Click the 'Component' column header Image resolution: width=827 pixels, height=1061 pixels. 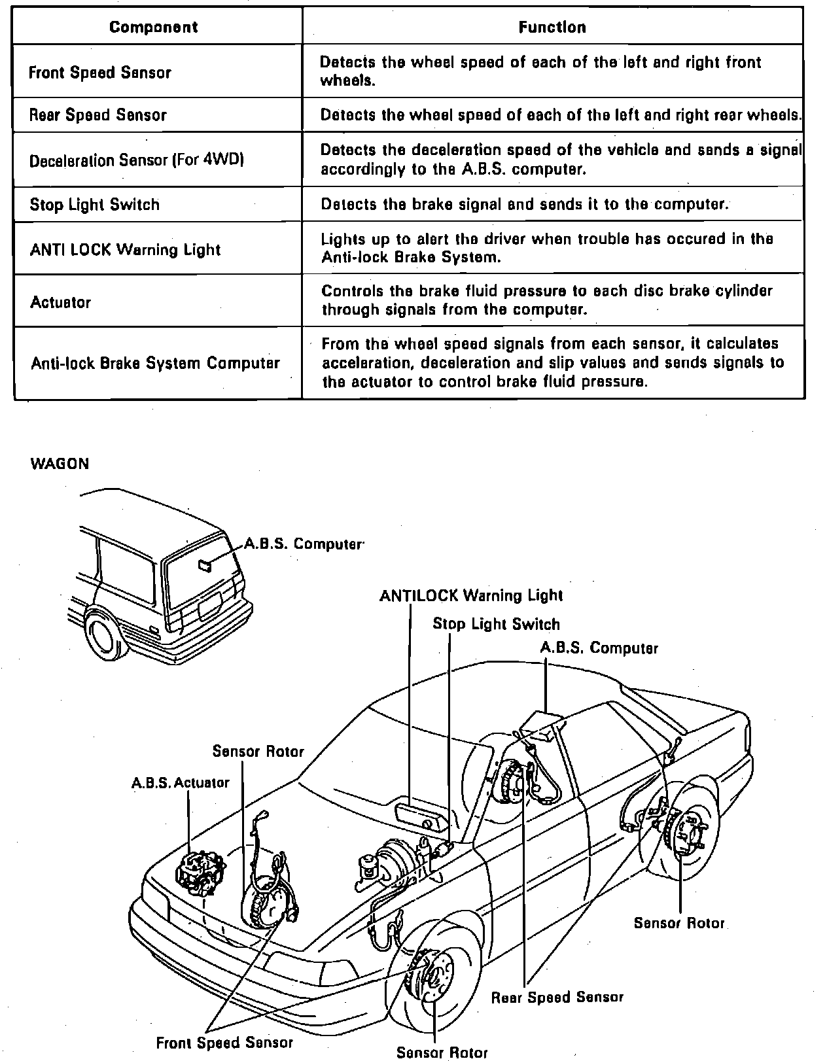tap(153, 27)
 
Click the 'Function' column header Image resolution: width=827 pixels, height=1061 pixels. tap(552, 27)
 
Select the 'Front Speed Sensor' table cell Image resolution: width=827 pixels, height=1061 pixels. tap(100, 72)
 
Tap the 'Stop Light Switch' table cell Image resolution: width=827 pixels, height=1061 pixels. tap(95, 205)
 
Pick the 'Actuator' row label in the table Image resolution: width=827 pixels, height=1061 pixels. tap(60, 302)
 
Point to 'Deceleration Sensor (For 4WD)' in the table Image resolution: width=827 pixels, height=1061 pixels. tap(136, 160)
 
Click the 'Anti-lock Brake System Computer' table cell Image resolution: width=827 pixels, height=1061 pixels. tap(155, 363)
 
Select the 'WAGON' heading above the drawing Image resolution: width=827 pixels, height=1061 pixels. tap(60, 464)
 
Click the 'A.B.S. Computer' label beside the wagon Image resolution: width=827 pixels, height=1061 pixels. tap(303, 544)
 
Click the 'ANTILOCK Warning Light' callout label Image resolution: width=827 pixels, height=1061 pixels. tap(470, 595)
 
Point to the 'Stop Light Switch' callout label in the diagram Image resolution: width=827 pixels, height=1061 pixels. tap(496, 624)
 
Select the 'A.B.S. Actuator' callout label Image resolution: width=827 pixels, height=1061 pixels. tap(181, 782)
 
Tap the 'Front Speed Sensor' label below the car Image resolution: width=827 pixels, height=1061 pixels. tap(224, 1042)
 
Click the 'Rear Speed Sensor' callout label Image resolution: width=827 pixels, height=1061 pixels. tap(557, 997)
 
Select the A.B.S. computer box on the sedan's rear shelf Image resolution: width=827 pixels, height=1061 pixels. tap(542, 725)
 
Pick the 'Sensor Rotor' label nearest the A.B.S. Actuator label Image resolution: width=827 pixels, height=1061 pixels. tap(258, 752)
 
